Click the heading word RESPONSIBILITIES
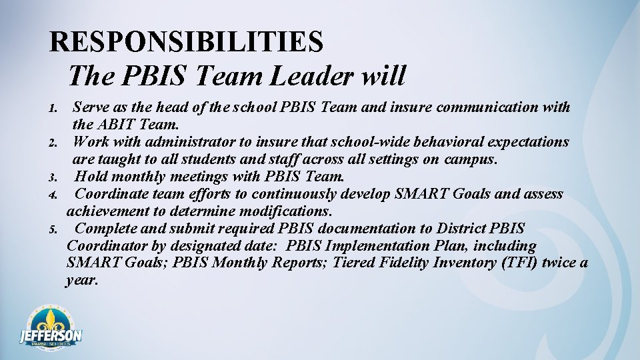(x=187, y=42)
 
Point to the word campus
(x=473, y=159)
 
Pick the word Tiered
(x=355, y=263)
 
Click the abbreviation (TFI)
(x=516, y=263)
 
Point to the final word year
(x=82, y=281)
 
